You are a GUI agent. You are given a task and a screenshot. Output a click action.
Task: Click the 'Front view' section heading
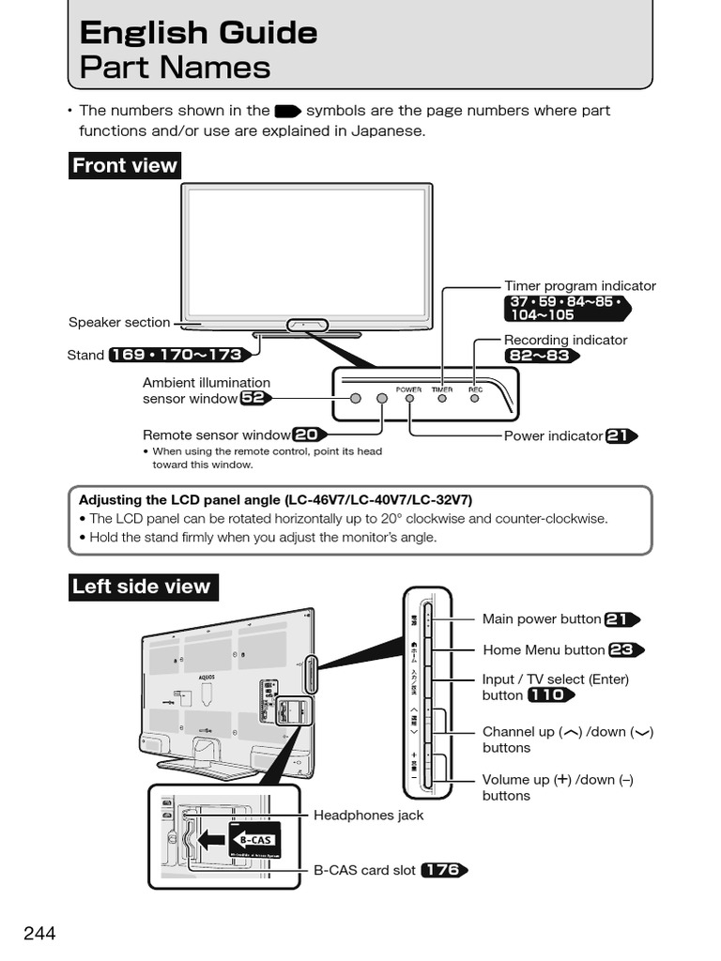tap(125, 166)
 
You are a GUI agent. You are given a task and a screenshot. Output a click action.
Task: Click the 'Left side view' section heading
tap(142, 587)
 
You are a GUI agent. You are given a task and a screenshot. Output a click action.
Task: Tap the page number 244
tap(39, 933)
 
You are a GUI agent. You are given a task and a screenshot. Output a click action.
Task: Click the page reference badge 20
tap(307, 435)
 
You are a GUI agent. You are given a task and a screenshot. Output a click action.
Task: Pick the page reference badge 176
tap(442, 870)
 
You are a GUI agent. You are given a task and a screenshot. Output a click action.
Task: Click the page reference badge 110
tap(550, 695)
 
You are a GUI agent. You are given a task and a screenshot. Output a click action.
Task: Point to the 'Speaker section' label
tap(119, 322)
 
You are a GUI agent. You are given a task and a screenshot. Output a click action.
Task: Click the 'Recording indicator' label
tap(565, 340)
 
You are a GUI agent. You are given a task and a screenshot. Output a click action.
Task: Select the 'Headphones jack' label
tap(368, 816)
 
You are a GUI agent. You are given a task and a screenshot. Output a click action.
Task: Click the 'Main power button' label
tap(542, 618)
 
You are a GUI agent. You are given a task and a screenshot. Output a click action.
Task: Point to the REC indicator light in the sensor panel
tap(475, 398)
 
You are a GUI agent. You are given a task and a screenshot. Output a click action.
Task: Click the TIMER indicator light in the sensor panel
tap(442, 398)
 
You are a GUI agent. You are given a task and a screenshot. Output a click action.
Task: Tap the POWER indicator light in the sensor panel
tap(409, 398)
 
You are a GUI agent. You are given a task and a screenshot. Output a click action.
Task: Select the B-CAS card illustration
tap(253, 840)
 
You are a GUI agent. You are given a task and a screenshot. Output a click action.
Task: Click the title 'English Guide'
tap(198, 33)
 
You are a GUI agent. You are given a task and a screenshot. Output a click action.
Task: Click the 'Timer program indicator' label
tap(579, 286)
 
